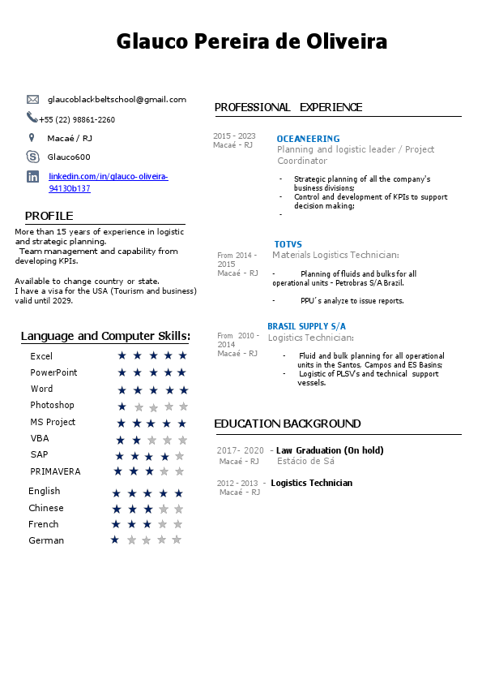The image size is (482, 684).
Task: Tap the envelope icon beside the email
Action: pos(32,99)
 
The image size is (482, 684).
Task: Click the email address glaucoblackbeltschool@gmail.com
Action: pos(117,99)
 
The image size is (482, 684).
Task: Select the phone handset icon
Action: pos(32,118)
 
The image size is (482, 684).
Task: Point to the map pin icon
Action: pos(32,138)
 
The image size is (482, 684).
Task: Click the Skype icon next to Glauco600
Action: pos(32,157)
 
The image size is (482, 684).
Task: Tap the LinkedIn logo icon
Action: pos(32,176)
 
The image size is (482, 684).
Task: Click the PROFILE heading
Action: pos(49,216)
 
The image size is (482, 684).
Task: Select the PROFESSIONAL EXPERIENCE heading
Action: pos(288,107)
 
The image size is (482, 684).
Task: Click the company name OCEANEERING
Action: pos(308,139)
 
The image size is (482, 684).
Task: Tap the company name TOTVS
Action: pos(288,244)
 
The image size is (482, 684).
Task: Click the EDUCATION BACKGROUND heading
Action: pos(288,424)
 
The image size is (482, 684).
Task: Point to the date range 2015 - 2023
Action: pos(234,136)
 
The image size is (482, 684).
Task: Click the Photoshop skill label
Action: pos(52,405)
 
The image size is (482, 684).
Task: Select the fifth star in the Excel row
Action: pos(182,355)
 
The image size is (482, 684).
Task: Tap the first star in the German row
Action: pos(114,540)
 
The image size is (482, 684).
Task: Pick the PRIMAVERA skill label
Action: pos(55,471)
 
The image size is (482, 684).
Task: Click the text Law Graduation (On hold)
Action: pos(330,450)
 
